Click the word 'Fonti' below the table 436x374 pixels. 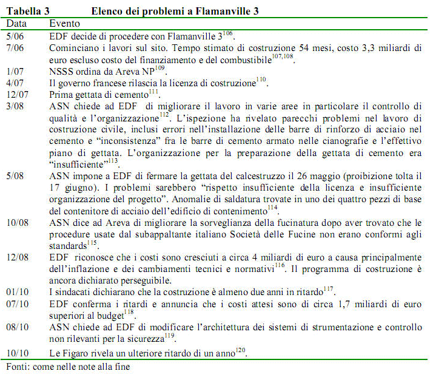pos(18,366)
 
